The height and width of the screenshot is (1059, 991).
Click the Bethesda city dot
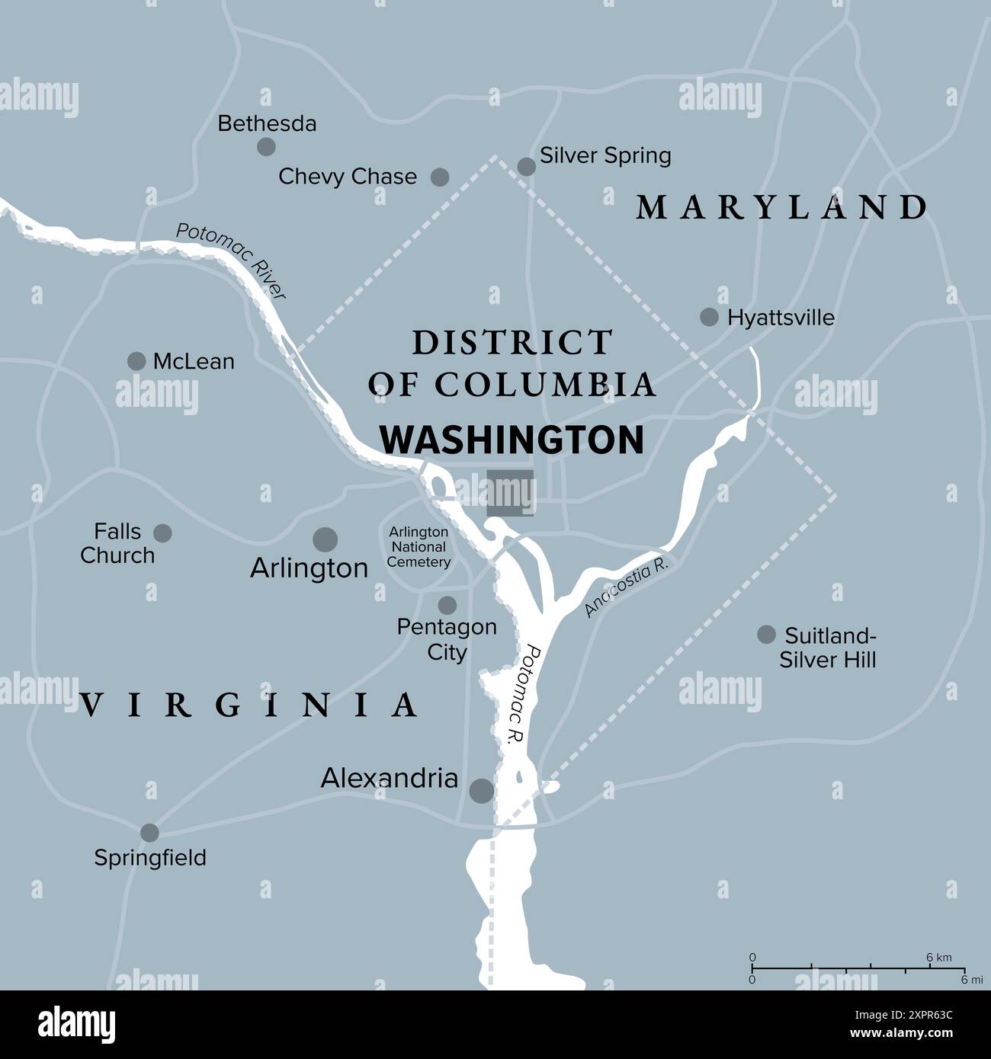coord(266,147)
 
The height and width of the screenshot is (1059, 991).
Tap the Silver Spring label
coord(605,155)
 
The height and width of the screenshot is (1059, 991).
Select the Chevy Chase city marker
coord(440,178)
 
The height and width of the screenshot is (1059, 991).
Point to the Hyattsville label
coord(781,318)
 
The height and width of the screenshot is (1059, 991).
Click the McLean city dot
coord(136,361)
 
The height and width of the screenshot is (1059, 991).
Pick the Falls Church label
coord(117,543)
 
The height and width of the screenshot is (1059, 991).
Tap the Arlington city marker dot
coord(326,539)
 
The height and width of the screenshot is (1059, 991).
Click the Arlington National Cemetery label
coord(419,547)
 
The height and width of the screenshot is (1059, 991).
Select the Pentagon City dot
coord(447,606)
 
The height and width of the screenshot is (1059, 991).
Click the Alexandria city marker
coord(481,791)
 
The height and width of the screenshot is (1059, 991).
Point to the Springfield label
coord(150,858)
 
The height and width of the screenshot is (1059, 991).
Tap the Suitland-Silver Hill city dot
coord(766,635)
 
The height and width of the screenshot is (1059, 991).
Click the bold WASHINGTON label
coord(512,440)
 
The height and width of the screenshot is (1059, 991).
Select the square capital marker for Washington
coord(511,493)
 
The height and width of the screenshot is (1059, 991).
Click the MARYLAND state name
coord(782,208)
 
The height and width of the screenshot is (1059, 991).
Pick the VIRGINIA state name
coord(249,705)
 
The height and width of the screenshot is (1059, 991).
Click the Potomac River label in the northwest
coord(231,261)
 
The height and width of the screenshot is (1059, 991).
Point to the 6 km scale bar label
coord(939,958)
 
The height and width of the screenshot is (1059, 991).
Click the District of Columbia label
coord(512,364)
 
